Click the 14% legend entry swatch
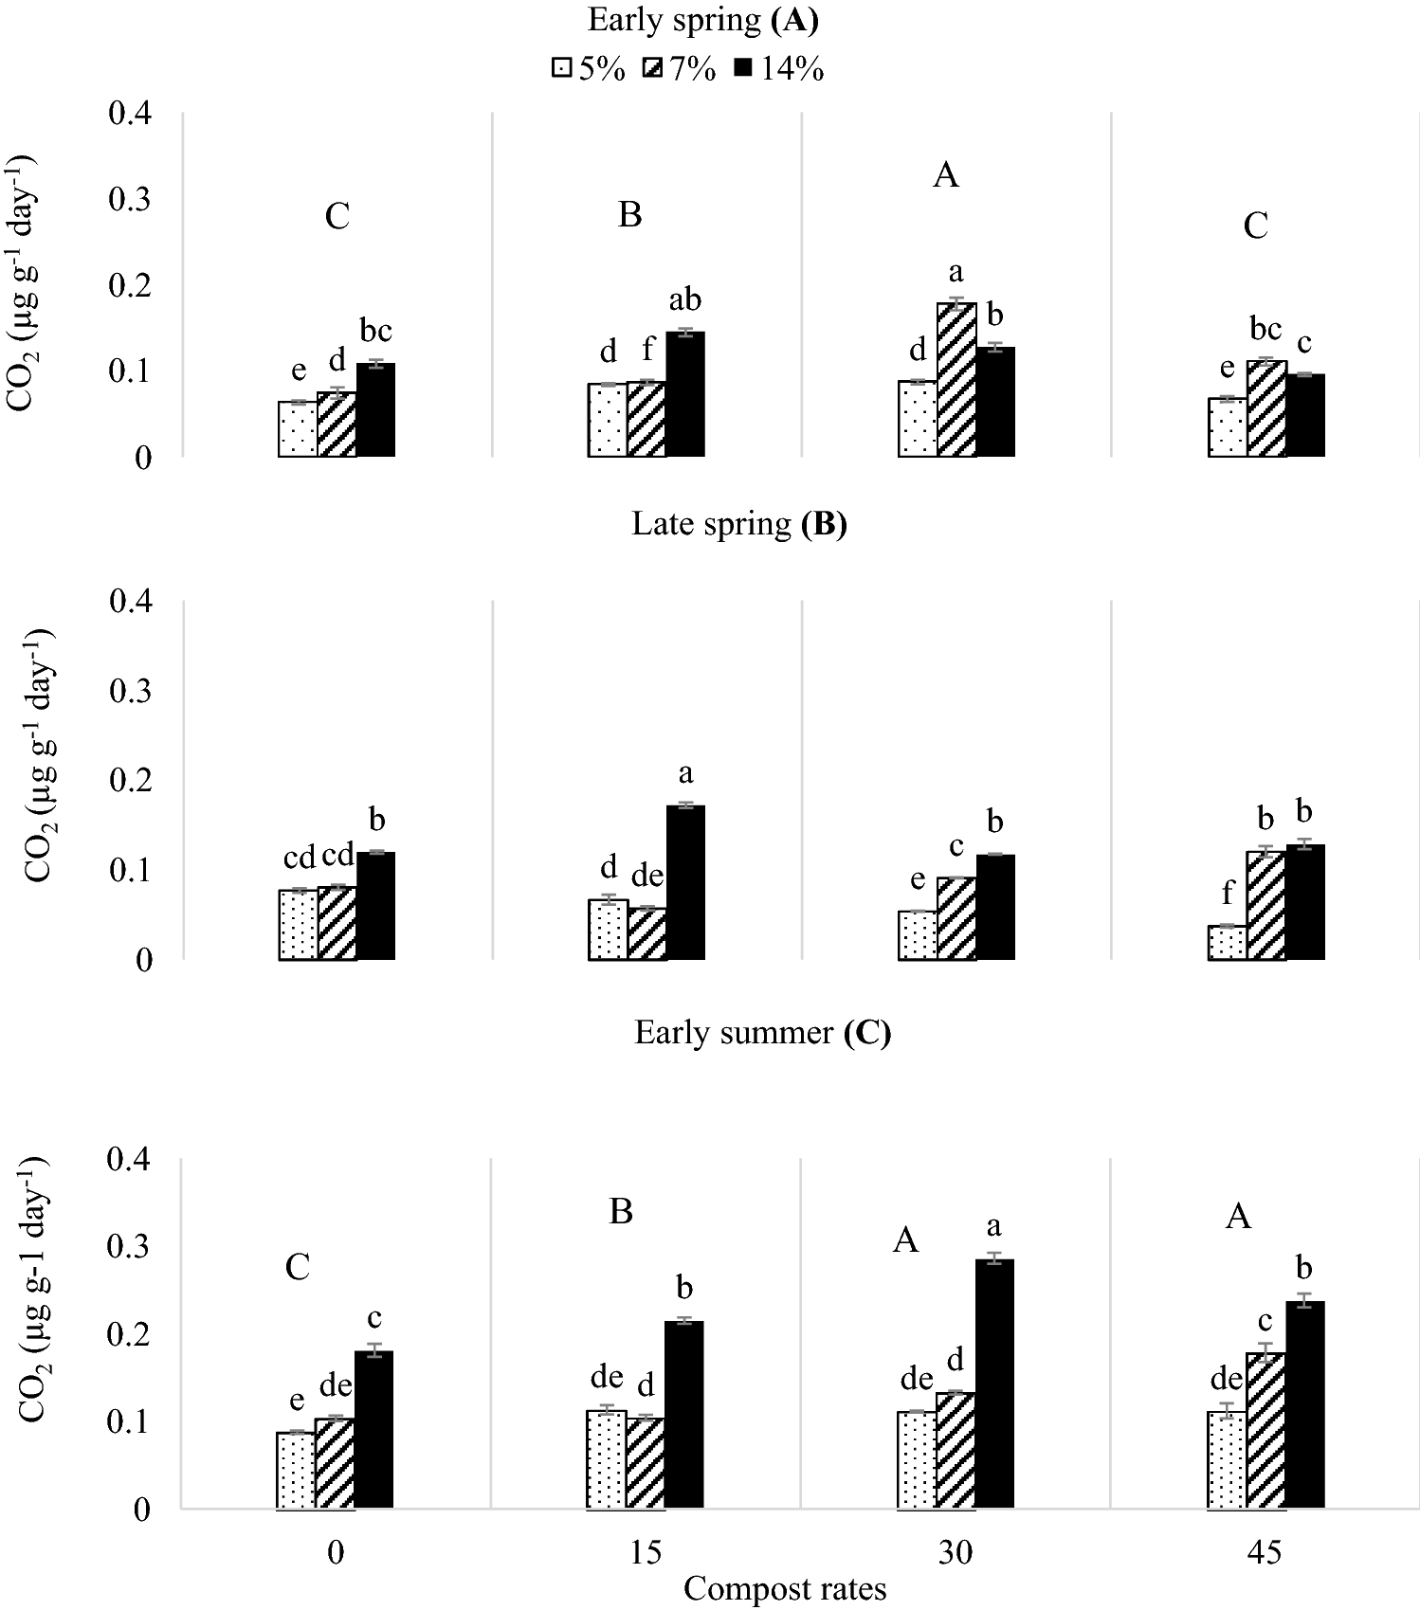744,68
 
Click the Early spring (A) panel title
702,21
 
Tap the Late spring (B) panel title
739,524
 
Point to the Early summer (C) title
762,1032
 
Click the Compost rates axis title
785,1588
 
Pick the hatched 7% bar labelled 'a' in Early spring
956,379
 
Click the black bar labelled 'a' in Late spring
685,881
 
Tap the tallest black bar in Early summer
994,1384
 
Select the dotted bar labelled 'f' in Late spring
1227,942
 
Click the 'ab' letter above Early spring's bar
684,300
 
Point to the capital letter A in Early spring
946,175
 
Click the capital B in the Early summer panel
621,1212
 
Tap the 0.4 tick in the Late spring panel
131,602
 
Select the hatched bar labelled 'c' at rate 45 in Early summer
1265,1430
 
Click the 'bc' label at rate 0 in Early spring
375,332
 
